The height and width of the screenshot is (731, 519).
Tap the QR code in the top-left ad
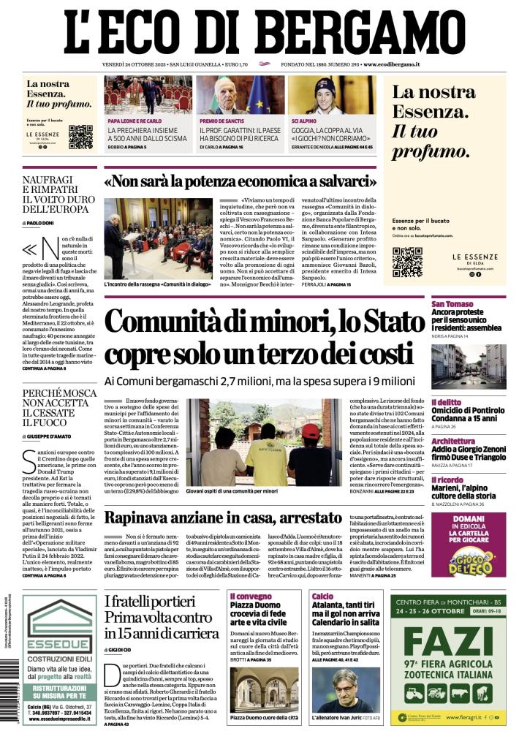click(80, 137)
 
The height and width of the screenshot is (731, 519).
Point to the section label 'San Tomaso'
click(453, 304)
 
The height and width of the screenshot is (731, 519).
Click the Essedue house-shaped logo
click(60, 618)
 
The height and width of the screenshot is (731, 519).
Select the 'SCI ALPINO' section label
click(306, 121)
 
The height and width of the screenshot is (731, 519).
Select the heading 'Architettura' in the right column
click(455, 442)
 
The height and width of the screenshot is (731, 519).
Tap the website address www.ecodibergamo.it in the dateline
click(391, 65)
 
